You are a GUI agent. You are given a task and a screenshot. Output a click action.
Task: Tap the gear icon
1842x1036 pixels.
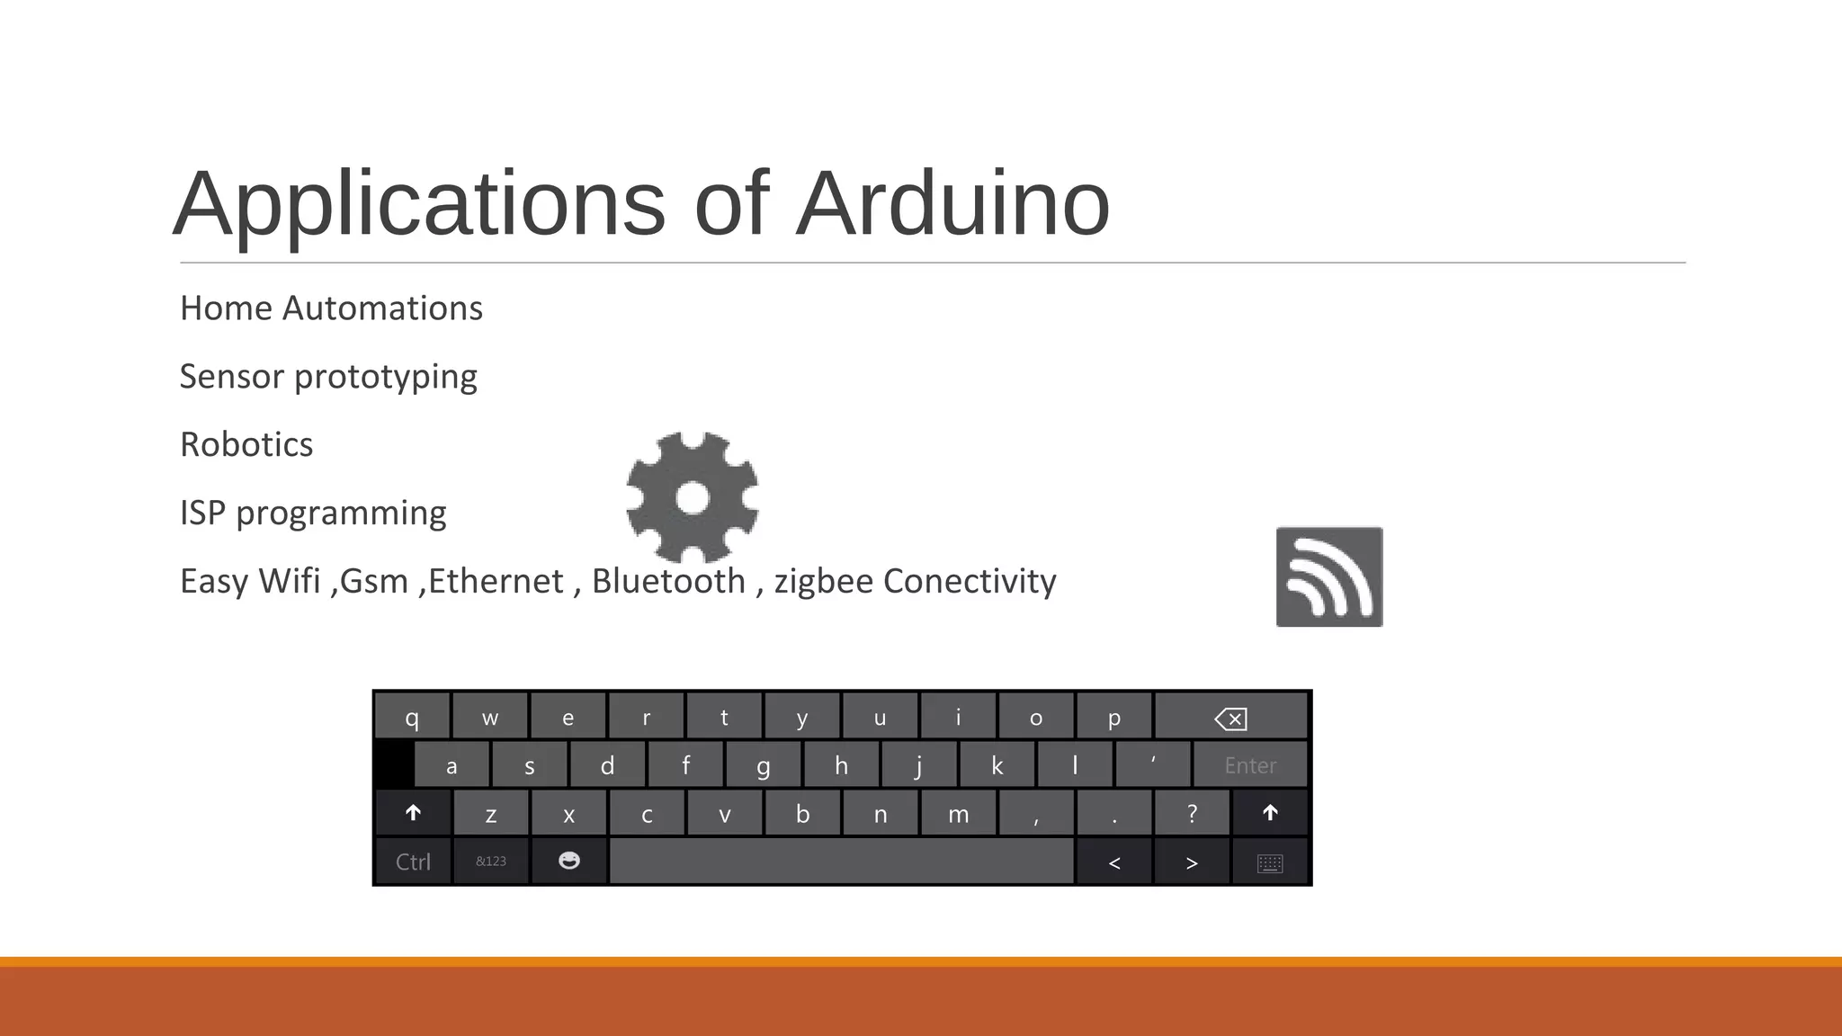693,497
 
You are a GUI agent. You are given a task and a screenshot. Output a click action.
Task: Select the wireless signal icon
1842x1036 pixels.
1329,577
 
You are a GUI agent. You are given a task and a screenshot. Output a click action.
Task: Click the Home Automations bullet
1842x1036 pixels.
331,308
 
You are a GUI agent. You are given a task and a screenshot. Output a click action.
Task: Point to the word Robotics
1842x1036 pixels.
246,445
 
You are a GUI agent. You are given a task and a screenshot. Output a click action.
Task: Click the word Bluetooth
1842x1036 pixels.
668,582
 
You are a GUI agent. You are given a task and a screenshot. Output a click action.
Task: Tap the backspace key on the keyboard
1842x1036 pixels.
1230,718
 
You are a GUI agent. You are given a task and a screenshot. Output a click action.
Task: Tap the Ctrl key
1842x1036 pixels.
413,862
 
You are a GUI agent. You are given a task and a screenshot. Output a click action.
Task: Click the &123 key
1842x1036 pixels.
491,862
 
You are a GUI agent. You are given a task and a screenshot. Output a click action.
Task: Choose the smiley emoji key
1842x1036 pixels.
569,862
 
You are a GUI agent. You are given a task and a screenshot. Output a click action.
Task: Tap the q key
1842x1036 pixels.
412,718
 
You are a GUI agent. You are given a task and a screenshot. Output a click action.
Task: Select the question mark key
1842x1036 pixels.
1192,814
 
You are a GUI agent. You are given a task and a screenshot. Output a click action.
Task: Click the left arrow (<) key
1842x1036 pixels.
1114,862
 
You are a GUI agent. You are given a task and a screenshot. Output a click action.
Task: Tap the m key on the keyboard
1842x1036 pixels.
958,814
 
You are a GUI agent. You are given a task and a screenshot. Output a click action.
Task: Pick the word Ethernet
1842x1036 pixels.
496,582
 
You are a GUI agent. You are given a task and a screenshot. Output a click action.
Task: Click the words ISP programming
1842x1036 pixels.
313,514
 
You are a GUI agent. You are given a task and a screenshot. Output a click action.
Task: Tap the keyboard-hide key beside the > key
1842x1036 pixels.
1270,862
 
